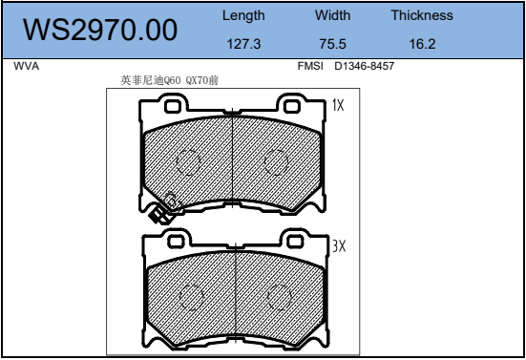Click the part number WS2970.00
pos(100,30)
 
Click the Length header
pos(243,16)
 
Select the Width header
pos(332,15)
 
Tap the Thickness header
pos(422,15)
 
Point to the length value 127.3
pos(243,44)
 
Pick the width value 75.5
pos(332,44)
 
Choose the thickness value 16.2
pos(422,44)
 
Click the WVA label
pos(27,66)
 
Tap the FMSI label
pos(310,66)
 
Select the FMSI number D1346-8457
pos(364,66)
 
